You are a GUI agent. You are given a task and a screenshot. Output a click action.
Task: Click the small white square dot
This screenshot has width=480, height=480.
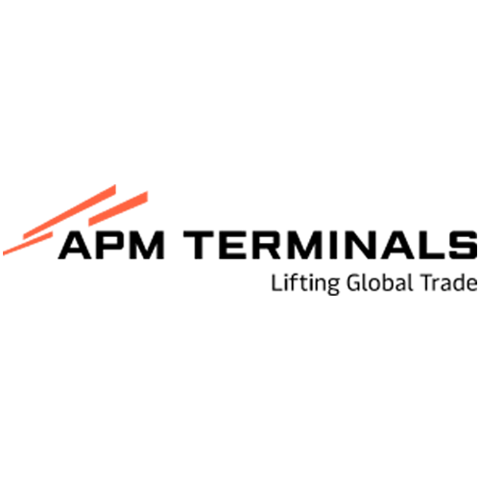(58, 234)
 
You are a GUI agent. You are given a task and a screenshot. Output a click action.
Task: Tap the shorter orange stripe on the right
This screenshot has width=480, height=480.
(119, 209)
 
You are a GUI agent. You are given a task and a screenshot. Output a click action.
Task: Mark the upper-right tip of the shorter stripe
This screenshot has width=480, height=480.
(150, 192)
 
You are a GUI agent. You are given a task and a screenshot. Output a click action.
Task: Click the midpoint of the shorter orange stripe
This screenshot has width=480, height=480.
(119, 209)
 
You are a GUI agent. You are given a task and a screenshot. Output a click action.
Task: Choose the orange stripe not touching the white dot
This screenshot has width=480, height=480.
(119, 209)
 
